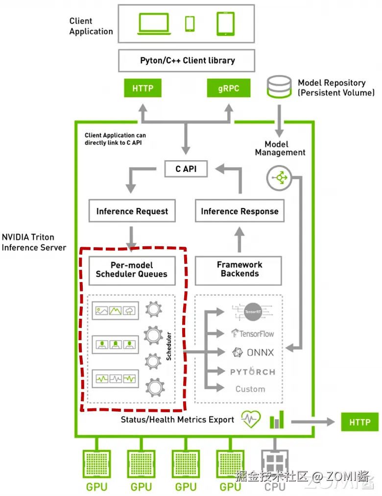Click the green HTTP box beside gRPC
[x=143, y=89]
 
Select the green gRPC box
[x=228, y=89]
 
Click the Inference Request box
[x=132, y=211]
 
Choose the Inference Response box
[x=239, y=211]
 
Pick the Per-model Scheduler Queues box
[x=131, y=269]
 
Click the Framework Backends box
[x=239, y=269]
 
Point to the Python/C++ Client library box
[x=188, y=61]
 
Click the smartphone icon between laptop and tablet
[x=190, y=24]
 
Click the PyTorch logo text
[x=252, y=372]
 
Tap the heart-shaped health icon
[x=251, y=420]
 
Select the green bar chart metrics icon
[x=277, y=420]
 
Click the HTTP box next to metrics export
[x=359, y=422]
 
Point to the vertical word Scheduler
[x=169, y=346]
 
